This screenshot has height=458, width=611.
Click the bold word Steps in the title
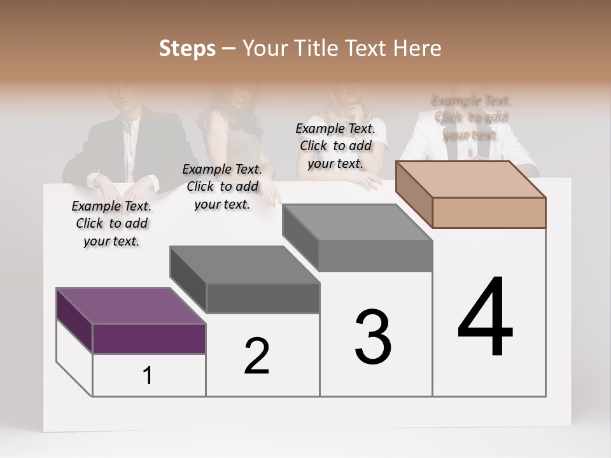pyautogui.click(x=187, y=48)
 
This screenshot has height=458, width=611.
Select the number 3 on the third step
pyautogui.click(x=373, y=337)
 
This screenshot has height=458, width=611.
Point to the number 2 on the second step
pyautogui.click(x=256, y=356)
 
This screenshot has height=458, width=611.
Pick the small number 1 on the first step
pyautogui.click(x=148, y=376)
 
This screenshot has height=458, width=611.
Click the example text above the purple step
pyautogui.click(x=111, y=223)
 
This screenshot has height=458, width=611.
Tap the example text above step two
pyautogui.click(x=222, y=186)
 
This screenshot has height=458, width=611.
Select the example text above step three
pyautogui.click(x=335, y=146)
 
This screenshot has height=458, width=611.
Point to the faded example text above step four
pyautogui.click(x=471, y=117)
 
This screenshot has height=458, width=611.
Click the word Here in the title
pyautogui.click(x=418, y=48)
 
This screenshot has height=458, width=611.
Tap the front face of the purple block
pyautogui.click(x=149, y=338)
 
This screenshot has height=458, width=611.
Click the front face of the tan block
pyautogui.click(x=489, y=212)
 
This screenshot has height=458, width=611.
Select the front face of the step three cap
pyautogui.click(x=376, y=256)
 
